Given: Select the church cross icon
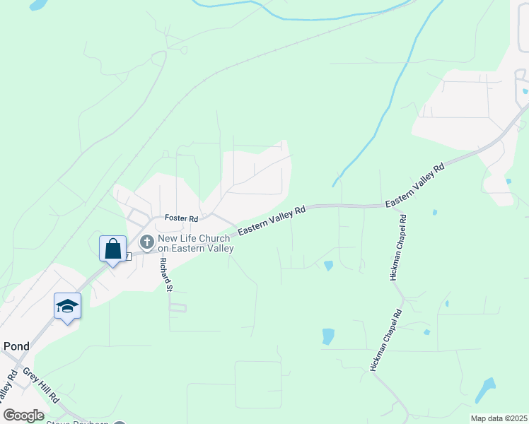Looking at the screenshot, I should pyautogui.click(x=147, y=243).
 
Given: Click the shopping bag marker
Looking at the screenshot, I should pyautogui.click(x=112, y=249).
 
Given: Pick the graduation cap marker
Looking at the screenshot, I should pyautogui.click(x=67, y=306).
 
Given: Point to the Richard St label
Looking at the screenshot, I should pyautogui.click(x=165, y=275).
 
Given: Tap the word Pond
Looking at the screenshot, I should pyautogui.click(x=16, y=346).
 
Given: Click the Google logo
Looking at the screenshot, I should pyautogui.click(x=23, y=416).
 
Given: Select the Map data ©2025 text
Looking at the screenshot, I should pyautogui.click(x=499, y=418).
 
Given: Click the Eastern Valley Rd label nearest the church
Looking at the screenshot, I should pyautogui.click(x=271, y=221).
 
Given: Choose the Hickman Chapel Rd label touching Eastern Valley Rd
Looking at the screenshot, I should pyautogui.click(x=398, y=247).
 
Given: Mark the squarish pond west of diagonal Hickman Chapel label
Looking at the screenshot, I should pyautogui.click(x=328, y=336).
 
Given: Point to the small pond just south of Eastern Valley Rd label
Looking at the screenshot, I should pyautogui.click(x=328, y=266).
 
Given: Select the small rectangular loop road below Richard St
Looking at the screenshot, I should pyautogui.click(x=177, y=307).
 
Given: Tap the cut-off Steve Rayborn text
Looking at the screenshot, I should pyautogui.click(x=78, y=422).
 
